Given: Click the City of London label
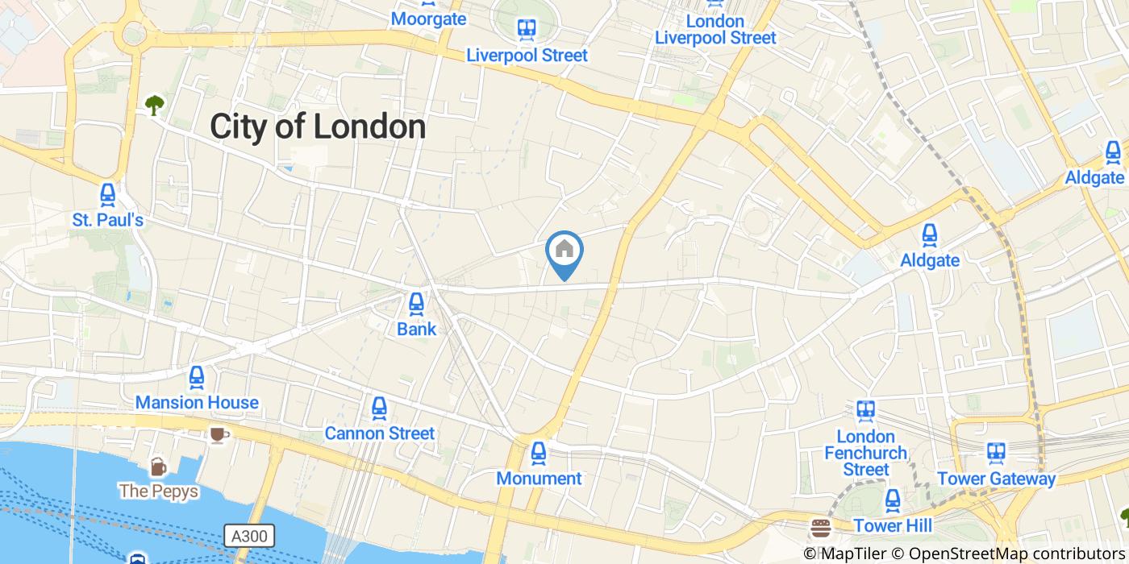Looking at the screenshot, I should [318, 127].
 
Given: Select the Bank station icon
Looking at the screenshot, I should [416, 304].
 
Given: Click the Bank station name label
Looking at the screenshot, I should [416, 329].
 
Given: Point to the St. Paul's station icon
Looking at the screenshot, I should [107, 194].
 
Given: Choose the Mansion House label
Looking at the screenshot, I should [197, 402].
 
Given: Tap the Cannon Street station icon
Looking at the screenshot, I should [379, 408].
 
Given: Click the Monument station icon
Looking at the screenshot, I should [539, 453].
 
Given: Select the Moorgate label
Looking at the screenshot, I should [428, 19].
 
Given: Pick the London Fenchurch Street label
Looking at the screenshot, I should [866, 453].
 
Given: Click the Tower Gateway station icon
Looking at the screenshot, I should [996, 453].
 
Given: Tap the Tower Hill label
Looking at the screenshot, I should [893, 526].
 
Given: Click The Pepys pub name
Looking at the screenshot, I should [158, 491].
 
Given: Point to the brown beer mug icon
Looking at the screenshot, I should [158, 467].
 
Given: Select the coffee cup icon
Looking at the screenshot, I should [217, 436].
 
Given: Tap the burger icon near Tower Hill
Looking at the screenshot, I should [821, 528].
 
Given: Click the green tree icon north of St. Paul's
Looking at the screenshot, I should [154, 104].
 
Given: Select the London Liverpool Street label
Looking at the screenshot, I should [715, 29].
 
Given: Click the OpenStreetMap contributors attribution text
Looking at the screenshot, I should [1018, 554].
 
